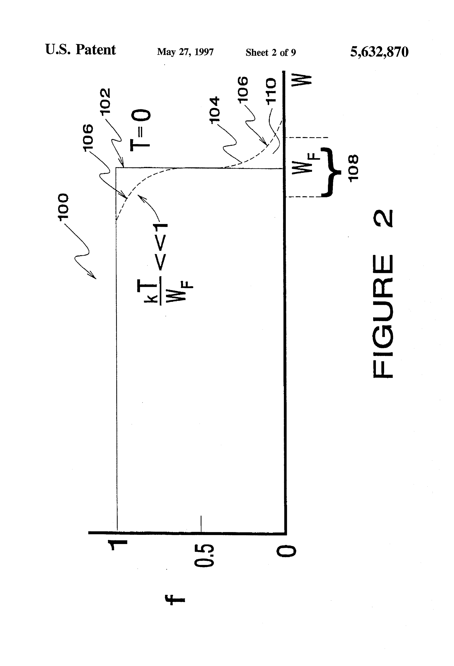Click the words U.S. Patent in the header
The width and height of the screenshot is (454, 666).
click(80, 50)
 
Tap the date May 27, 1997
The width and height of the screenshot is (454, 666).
click(185, 52)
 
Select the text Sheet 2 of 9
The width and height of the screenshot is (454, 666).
click(271, 52)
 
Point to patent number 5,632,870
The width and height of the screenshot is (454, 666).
click(379, 52)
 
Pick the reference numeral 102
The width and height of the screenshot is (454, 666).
click(105, 101)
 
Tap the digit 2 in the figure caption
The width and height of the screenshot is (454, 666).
click(383, 218)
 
